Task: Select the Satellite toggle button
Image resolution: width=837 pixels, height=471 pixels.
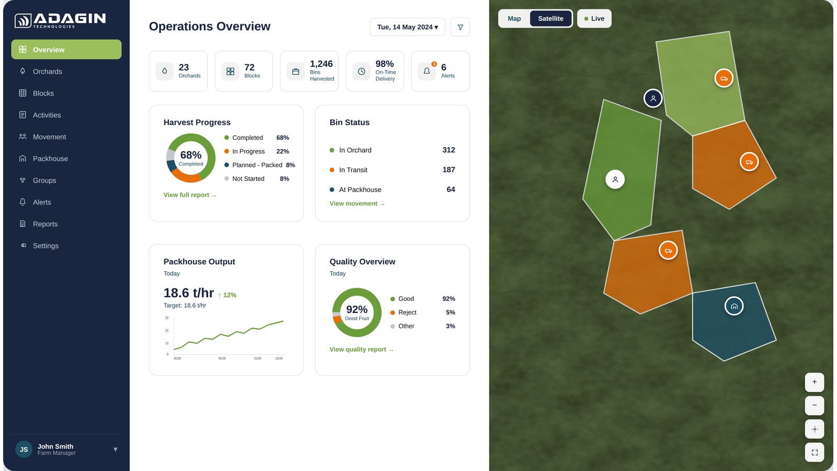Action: click(x=550, y=18)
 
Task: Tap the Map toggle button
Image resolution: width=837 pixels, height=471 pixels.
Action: click(x=514, y=18)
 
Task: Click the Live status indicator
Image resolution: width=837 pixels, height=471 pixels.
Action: click(x=594, y=18)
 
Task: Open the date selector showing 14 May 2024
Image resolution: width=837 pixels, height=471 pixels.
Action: click(x=408, y=27)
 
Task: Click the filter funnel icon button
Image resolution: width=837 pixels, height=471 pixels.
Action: click(x=460, y=27)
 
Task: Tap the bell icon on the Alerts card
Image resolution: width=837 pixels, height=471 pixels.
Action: click(x=426, y=71)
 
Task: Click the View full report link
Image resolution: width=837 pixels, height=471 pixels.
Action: click(x=190, y=195)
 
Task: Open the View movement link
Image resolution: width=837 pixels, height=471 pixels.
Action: click(x=357, y=204)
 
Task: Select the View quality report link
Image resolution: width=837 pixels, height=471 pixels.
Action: click(x=361, y=349)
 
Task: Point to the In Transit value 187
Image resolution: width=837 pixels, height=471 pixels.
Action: click(x=448, y=170)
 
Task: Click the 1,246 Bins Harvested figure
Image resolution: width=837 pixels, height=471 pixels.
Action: click(x=321, y=63)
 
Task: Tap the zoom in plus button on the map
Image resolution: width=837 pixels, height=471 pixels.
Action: click(x=814, y=382)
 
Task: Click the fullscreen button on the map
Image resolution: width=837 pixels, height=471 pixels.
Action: click(x=814, y=452)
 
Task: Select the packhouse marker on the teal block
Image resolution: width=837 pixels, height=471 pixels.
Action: click(x=734, y=306)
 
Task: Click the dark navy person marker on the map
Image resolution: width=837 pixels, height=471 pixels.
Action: click(x=653, y=98)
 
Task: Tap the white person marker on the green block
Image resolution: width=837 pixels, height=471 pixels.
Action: click(x=615, y=180)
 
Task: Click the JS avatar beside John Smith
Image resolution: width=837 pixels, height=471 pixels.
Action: click(x=24, y=450)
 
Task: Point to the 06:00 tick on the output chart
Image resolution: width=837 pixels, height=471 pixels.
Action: click(x=222, y=358)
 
